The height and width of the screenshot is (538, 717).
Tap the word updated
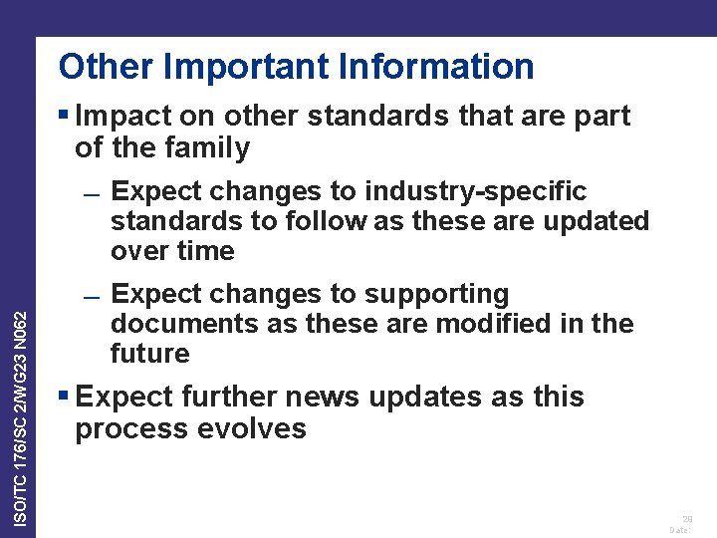pyautogui.click(x=596, y=221)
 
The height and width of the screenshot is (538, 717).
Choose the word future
pyautogui.click(x=149, y=354)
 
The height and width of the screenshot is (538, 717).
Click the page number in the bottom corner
pyautogui.click(x=687, y=518)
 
